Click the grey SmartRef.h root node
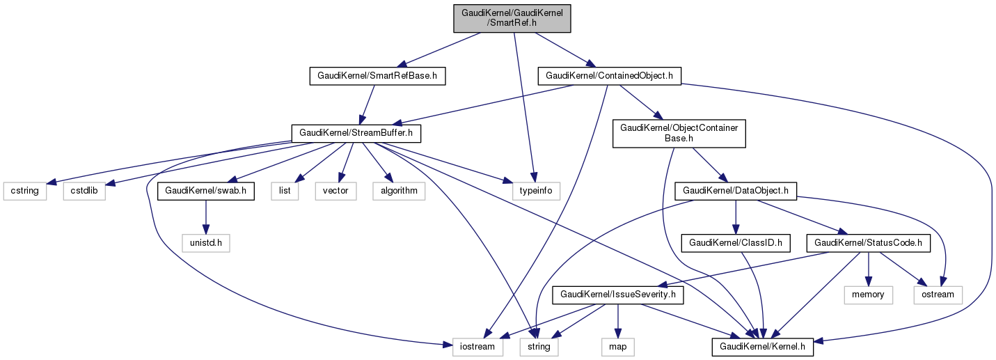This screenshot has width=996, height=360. (x=512, y=17)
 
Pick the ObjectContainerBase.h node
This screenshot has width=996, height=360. (x=679, y=132)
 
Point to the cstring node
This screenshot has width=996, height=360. (x=25, y=190)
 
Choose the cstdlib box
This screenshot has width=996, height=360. (x=84, y=190)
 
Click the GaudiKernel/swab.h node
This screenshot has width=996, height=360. (x=206, y=190)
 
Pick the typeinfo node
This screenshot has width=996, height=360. (x=536, y=190)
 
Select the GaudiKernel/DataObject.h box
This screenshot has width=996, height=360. (x=736, y=190)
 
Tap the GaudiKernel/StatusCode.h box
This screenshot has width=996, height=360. (x=869, y=243)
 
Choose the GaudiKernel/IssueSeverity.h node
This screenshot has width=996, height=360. (x=617, y=295)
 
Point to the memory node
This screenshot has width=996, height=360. (x=868, y=295)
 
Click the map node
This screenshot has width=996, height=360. (x=617, y=345)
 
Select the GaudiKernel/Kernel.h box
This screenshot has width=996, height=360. (x=762, y=345)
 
